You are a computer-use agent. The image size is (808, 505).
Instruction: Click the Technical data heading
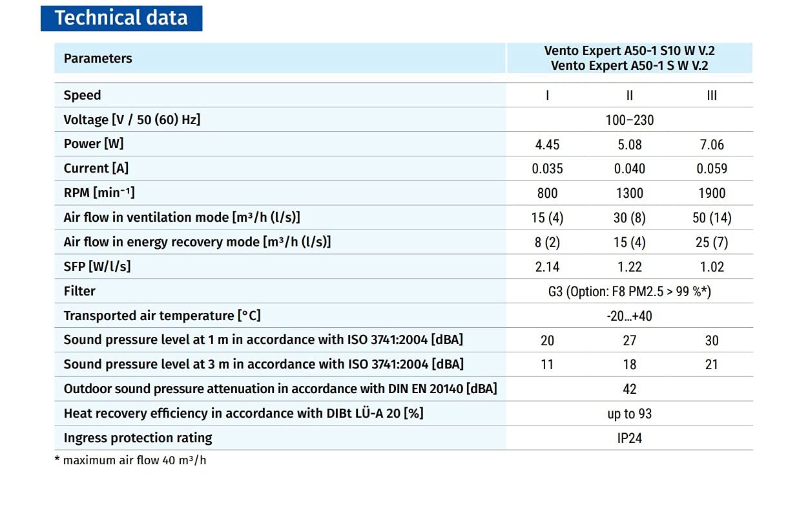tap(121, 18)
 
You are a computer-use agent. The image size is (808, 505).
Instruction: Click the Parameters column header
tap(98, 58)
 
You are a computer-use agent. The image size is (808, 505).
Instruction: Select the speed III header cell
tap(712, 95)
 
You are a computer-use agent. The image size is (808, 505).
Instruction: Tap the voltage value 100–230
tap(629, 120)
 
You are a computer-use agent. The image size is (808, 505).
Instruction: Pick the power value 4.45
tap(547, 144)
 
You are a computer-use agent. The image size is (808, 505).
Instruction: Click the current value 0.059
tap(712, 169)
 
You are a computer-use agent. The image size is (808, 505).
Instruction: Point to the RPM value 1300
tap(629, 193)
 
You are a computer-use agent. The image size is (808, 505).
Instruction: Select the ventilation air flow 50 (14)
tap(712, 218)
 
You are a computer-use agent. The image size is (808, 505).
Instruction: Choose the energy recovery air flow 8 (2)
tap(547, 242)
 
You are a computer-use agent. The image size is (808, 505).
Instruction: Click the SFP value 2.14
tap(547, 267)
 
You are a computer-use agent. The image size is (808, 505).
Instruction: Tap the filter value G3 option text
tap(629, 292)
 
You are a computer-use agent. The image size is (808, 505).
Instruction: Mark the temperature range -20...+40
tap(629, 316)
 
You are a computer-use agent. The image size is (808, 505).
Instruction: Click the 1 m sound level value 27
tap(629, 341)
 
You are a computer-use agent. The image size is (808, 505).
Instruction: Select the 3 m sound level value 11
tap(547, 365)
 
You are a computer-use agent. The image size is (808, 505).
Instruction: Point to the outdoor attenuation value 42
tap(629, 389)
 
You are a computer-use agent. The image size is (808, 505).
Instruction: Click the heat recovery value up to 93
tap(629, 414)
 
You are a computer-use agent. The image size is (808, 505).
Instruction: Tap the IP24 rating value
tap(629, 438)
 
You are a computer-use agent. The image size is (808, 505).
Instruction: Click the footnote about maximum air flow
tap(130, 461)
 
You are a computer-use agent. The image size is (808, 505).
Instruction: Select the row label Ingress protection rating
tap(138, 438)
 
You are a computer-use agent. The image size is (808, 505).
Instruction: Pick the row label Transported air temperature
tap(162, 316)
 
